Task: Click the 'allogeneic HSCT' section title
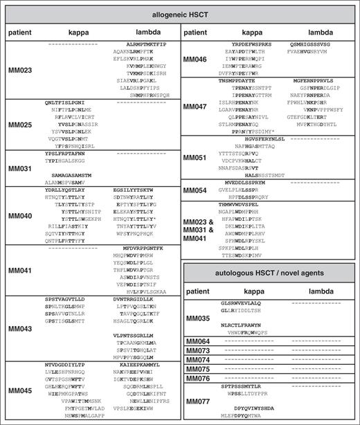coord(180,14)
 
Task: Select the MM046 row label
coord(197,60)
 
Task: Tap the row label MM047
coord(197,107)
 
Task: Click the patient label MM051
coord(197,157)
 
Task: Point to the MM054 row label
coord(197,190)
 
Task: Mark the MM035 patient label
coord(199,317)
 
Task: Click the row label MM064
coord(199,342)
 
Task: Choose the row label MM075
coord(199,369)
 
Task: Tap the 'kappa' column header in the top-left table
coord(70,33)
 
